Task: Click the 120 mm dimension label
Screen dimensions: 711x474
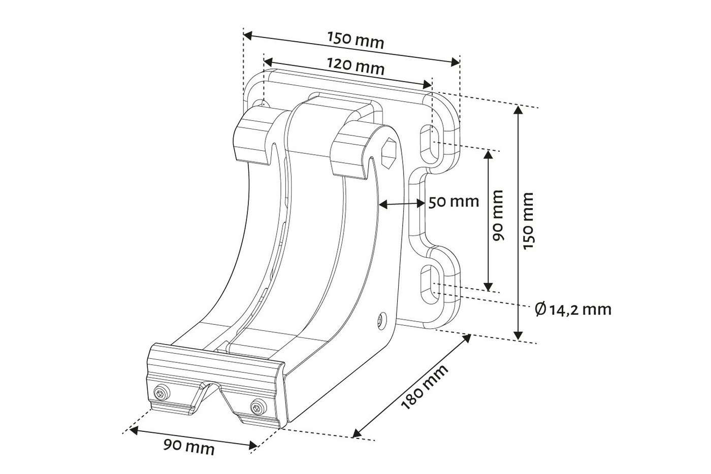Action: (x=355, y=65)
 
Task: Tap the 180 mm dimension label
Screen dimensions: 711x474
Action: (x=425, y=387)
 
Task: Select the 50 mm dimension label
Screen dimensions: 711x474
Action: (x=454, y=202)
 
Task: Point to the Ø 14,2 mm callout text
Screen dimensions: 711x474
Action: (x=573, y=310)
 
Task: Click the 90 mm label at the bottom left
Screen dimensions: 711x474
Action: (x=189, y=447)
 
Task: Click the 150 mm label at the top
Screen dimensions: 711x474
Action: (x=355, y=40)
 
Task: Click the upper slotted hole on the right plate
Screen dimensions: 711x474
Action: (x=429, y=144)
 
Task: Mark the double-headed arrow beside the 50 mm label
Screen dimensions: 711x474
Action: (x=402, y=204)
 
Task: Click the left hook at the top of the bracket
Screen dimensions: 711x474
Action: (x=254, y=137)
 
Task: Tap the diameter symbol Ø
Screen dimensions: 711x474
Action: (x=539, y=309)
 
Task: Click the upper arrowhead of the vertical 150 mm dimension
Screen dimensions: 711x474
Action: (x=518, y=111)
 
